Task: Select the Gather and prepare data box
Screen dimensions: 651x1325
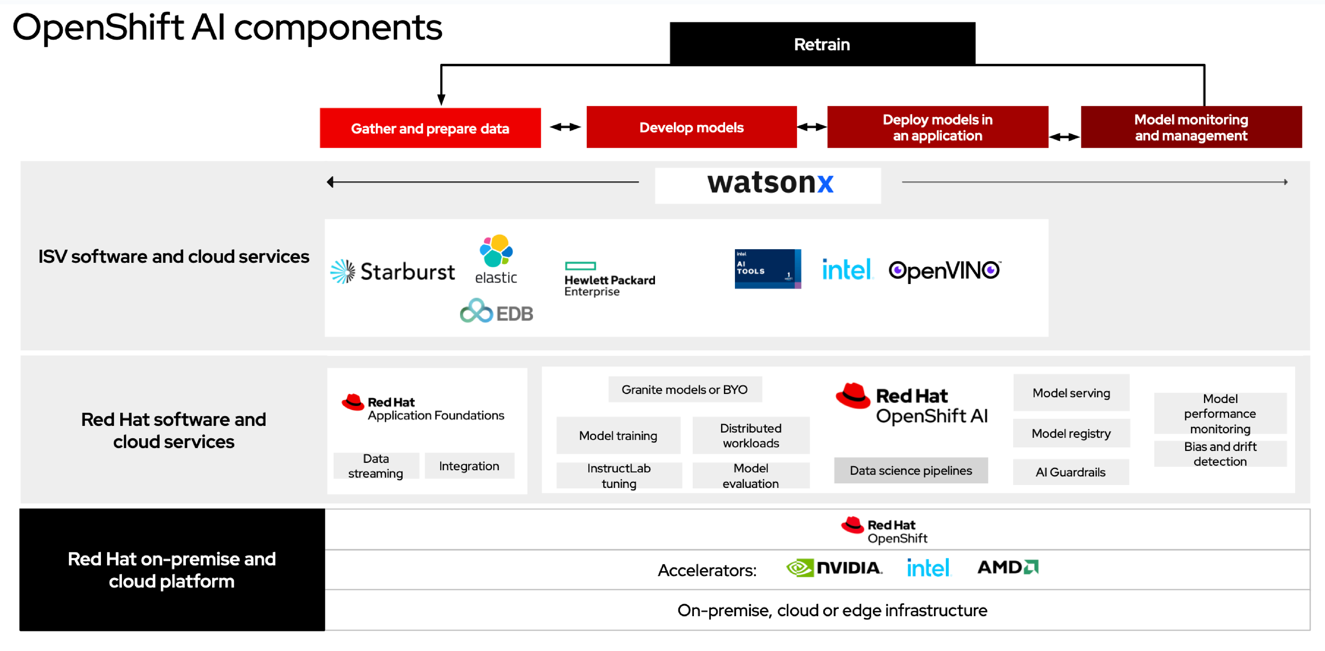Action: pos(430,128)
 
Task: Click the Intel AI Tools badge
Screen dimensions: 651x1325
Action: pos(767,269)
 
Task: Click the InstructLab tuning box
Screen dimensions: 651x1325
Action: pos(619,476)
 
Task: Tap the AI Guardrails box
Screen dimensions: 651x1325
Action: pos(1070,472)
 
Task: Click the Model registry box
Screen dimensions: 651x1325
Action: pos(1071,434)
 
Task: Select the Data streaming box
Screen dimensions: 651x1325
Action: pos(376,466)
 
